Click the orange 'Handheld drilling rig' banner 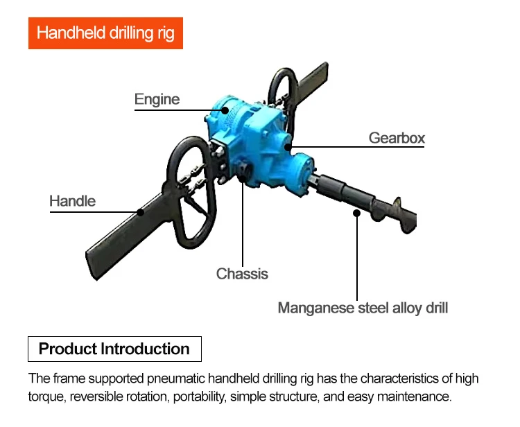[105, 33]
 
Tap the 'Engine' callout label [157, 99]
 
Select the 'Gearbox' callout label [397, 138]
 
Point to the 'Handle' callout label [72, 202]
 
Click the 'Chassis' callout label [242, 274]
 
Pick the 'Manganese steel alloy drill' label [363, 307]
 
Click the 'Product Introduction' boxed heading [114, 349]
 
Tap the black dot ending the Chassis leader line [243, 180]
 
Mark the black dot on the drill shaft [358, 214]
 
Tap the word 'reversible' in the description [95, 397]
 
